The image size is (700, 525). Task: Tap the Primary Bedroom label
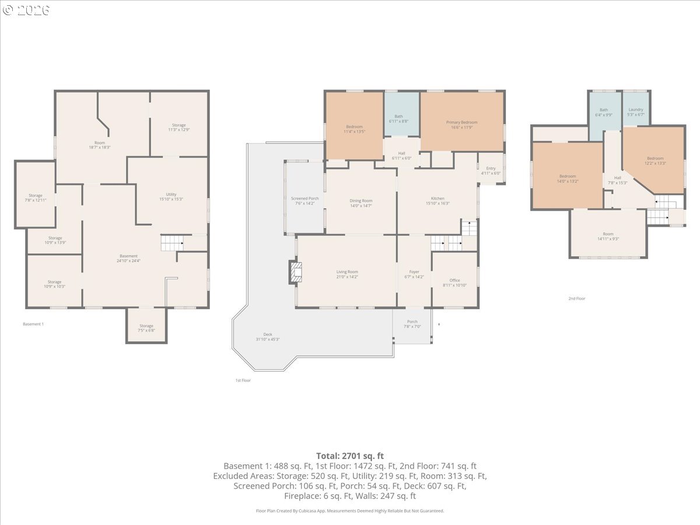click(461, 123)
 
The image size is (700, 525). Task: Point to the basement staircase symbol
click(172, 242)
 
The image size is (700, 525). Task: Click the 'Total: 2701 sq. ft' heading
click(350, 456)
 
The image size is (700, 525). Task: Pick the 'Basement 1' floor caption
click(33, 324)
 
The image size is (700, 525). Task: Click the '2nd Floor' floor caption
click(576, 299)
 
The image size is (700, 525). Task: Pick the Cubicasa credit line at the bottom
click(350, 510)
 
